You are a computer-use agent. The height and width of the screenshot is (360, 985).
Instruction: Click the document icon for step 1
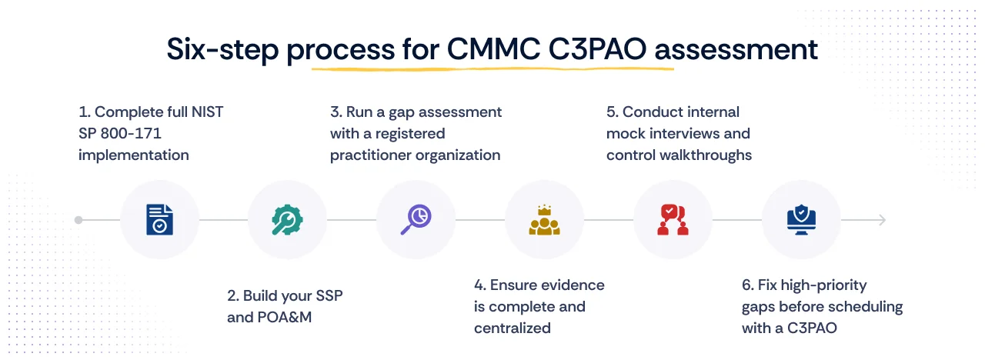159,219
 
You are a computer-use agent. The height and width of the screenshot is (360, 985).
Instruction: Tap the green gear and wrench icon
287,219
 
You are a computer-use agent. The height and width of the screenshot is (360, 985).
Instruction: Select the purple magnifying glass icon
416,219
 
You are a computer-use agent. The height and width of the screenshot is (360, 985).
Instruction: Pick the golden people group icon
544,220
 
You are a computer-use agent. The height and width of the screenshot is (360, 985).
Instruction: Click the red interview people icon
672,219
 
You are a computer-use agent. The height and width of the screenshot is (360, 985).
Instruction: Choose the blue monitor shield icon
800,219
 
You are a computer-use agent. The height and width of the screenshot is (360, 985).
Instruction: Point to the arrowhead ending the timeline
882,220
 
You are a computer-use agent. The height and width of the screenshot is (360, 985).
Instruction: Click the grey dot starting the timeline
78,220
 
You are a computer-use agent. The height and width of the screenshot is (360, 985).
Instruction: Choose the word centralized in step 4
513,328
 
